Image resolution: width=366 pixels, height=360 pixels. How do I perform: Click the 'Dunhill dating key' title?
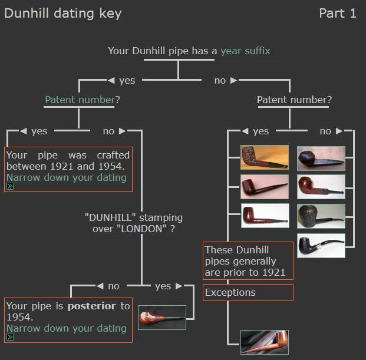[63, 14]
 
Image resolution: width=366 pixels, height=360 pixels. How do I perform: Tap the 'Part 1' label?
[338, 13]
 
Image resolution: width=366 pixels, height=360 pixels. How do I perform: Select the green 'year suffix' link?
[246, 51]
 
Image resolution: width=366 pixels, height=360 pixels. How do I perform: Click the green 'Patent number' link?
[80, 100]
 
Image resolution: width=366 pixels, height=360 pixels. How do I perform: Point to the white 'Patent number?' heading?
[294, 100]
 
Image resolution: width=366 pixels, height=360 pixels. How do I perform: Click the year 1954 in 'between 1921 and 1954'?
[110, 166]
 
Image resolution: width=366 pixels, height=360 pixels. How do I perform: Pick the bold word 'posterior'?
[91, 306]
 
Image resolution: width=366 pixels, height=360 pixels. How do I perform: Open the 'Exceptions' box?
[248, 293]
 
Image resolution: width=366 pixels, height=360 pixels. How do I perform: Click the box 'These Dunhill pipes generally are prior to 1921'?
[248, 261]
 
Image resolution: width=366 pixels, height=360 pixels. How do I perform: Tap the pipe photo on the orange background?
[265, 157]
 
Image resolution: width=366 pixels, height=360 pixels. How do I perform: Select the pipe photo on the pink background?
[265, 187]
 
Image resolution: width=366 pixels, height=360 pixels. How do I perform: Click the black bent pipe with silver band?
[321, 246]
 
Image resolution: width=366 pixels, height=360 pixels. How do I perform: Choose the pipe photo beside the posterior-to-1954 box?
[162, 318]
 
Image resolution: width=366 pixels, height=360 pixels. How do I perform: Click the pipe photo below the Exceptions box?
[265, 342]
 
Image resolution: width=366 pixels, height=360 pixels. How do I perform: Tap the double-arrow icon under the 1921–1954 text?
[10, 186]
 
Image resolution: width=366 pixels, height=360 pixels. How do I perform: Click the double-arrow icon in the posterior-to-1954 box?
[10, 337]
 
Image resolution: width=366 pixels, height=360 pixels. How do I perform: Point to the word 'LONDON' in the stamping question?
[141, 229]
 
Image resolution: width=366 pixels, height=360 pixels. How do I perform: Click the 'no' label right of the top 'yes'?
[220, 81]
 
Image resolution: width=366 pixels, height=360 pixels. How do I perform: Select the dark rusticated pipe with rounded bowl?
[321, 216]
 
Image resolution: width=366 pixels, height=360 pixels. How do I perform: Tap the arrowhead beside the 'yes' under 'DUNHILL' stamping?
[179, 286]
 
